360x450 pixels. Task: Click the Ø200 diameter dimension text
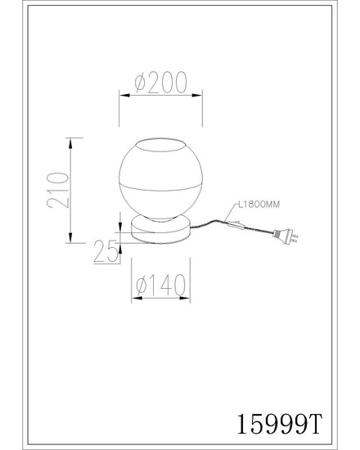[160, 83]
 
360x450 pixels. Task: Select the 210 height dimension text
[58, 190]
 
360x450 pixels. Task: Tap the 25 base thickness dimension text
[106, 252]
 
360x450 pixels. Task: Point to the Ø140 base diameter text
[160, 285]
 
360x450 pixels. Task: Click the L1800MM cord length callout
[259, 205]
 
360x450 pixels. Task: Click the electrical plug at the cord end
[286, 236]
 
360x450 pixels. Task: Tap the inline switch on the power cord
[236, 225]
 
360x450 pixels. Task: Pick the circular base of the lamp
[160, 231]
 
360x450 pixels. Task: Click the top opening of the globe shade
[160, 145]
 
